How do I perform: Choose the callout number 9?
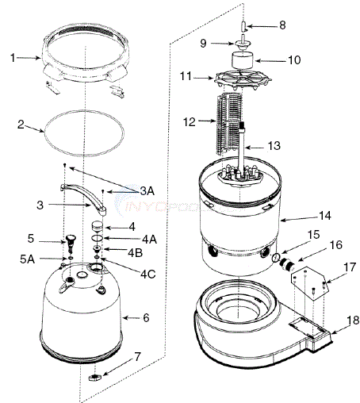click(x=202, y=43)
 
